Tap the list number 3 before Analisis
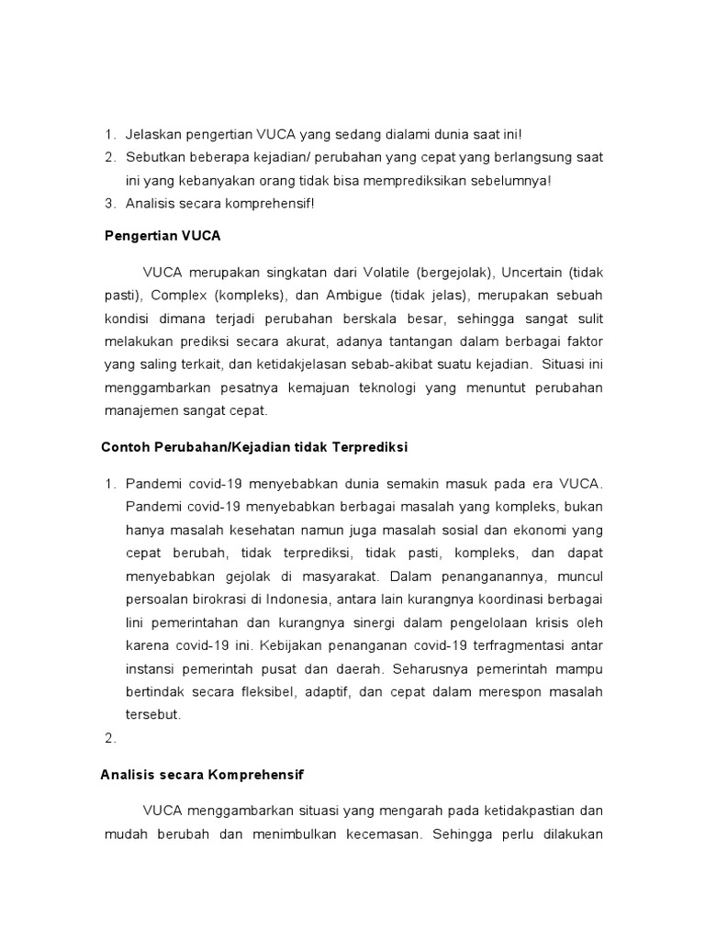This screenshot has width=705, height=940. [x=109, y=203]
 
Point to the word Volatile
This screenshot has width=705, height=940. [x=381, y=273]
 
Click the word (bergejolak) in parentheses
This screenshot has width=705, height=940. [x=454, y=273]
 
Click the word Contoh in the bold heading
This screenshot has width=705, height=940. [x=124, y=447]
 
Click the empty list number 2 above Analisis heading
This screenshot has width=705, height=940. [x=109, y=735]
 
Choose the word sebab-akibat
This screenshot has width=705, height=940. [x=392, y=364]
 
